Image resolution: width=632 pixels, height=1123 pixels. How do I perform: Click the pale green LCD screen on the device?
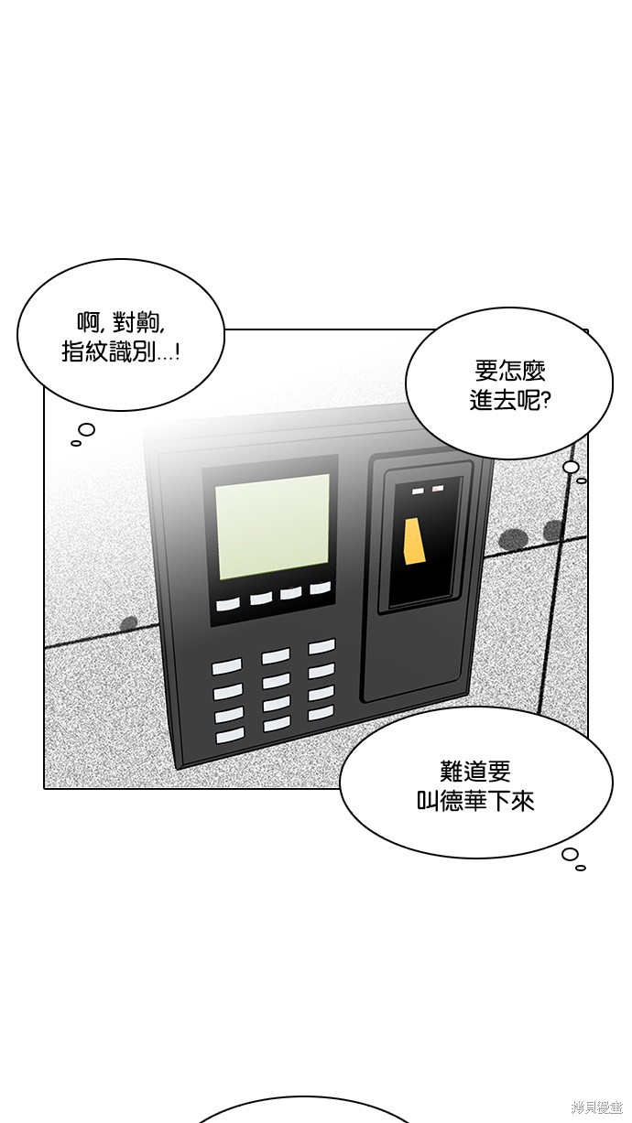273,526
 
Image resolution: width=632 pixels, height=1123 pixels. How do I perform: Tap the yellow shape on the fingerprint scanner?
414,542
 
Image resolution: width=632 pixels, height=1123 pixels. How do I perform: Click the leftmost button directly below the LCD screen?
228,604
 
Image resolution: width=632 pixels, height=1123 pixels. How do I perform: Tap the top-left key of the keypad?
226,667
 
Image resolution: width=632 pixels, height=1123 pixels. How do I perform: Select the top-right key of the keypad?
321,647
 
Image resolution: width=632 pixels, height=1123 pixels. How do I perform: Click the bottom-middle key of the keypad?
277,724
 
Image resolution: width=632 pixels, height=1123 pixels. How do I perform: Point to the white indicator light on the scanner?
419,491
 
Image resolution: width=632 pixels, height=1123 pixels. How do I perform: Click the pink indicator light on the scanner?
438,488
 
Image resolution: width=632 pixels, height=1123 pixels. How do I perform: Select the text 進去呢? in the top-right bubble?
509,401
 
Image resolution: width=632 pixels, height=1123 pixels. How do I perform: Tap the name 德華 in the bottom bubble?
463,801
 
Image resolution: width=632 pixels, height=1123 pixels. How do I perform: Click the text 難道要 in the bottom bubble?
474,772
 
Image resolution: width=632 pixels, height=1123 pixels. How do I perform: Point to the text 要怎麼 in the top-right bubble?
509,372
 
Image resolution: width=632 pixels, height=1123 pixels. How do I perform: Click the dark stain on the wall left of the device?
129,622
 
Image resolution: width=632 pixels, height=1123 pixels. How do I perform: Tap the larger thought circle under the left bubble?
86,429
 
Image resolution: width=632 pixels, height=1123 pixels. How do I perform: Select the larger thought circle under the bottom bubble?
570,854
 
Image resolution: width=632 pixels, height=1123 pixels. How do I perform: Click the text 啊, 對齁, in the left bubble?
120,323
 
